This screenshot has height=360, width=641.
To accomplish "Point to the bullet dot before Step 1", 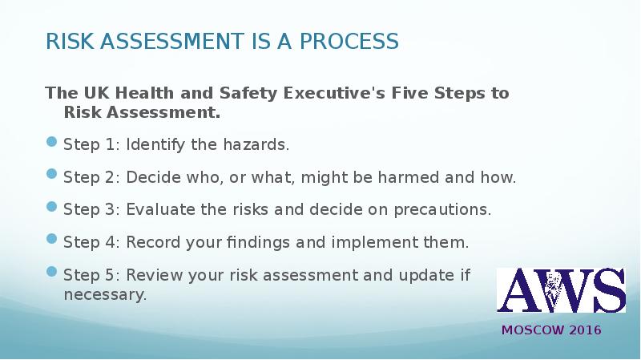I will (x=52, y=142).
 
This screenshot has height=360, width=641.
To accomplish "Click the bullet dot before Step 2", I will (x=52, y=174).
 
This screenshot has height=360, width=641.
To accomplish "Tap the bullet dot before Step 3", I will (x=52, y=206).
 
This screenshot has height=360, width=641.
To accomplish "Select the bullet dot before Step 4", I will (x=52, y=238).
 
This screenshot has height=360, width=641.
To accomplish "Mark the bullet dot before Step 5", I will (x=52, y=273).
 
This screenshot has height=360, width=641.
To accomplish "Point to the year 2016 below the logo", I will (x=586, y=330).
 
